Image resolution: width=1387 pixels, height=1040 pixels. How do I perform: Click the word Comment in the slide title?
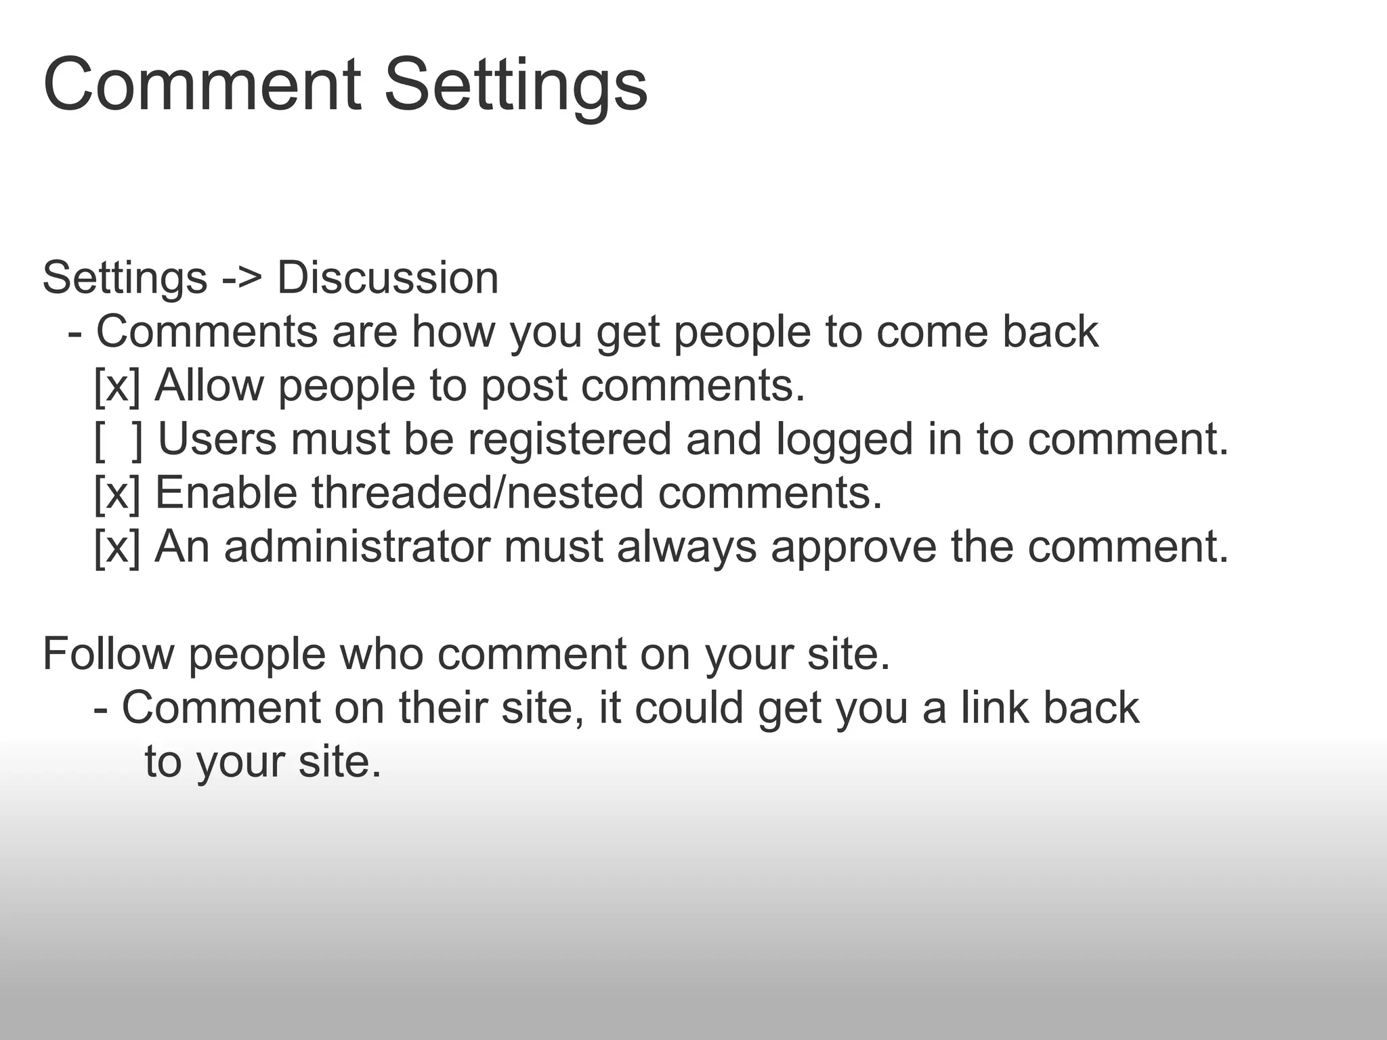point(202,87)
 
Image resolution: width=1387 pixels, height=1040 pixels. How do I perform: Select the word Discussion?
point(388,278)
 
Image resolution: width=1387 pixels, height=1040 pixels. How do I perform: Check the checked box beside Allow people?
point(117,386)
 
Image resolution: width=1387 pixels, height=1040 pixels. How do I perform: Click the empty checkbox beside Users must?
point(119,439)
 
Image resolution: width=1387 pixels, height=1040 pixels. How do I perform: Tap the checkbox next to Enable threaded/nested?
point(117,493)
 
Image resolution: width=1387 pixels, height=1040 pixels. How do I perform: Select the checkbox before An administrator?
point(117,546)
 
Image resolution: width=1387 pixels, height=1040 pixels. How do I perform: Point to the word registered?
point(570,439)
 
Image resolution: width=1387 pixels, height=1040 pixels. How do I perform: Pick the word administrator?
point(357,546)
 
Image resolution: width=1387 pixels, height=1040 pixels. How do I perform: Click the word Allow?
point(209,386)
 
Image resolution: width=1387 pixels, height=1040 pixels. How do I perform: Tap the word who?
point(381,654)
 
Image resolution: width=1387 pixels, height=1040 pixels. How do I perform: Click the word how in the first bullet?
point(454,332)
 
